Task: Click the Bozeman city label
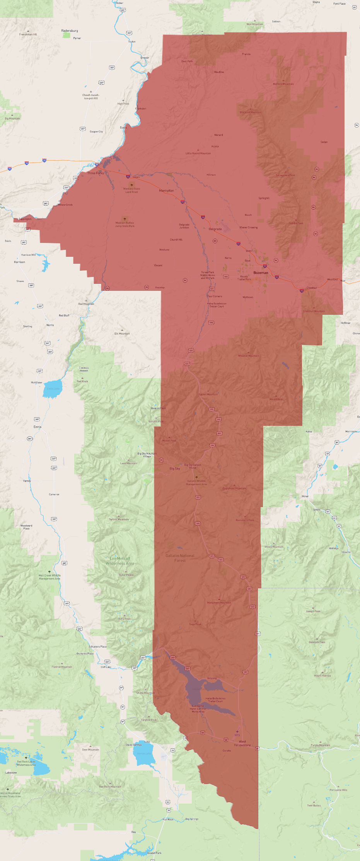click(x=261, y=273)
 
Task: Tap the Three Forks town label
click(x=96, y=173)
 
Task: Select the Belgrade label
click(x=215, y=229)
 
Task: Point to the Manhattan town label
click(x=166, y=191)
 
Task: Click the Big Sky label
click(x=175, y=468)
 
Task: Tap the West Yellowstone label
click(x=242, y=743)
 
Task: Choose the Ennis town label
click(x=37, y=427)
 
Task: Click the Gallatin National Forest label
click(x=180, y=558)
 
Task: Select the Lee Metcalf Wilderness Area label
click(x=120, y=561)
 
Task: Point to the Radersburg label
click(x=70, y=31)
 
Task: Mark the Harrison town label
click(x=19, y=262)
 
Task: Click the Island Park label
click(x=154, y=852)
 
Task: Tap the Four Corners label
click(x=215, y=296)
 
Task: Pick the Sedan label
click(x=324, y=142)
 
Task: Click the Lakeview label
click(x=11, y=772)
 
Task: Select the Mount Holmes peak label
click(x=322, y=675)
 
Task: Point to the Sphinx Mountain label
click(x=119, y=519)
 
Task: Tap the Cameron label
click(x=54, y=494)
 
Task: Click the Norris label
click(x=50, y=325)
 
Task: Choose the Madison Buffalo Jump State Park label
click(x=125, y=224)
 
